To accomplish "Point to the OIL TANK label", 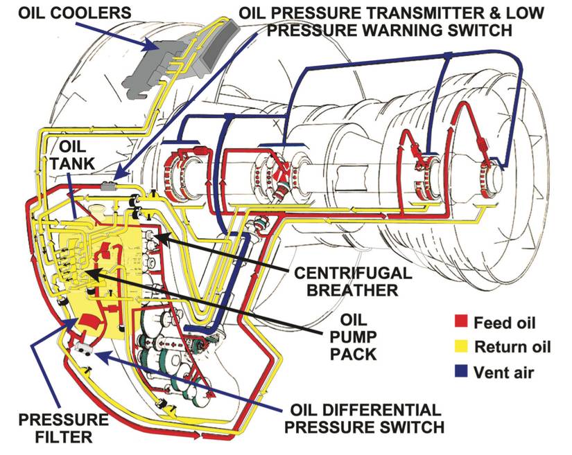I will [72, 156].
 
